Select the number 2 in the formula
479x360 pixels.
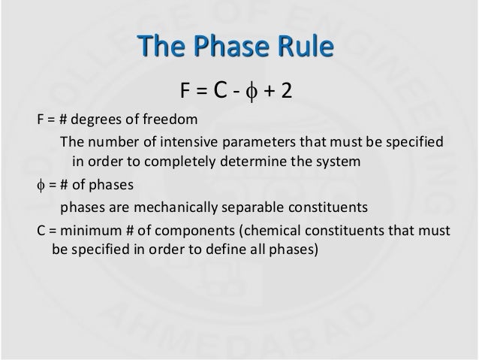click(287, 91)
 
